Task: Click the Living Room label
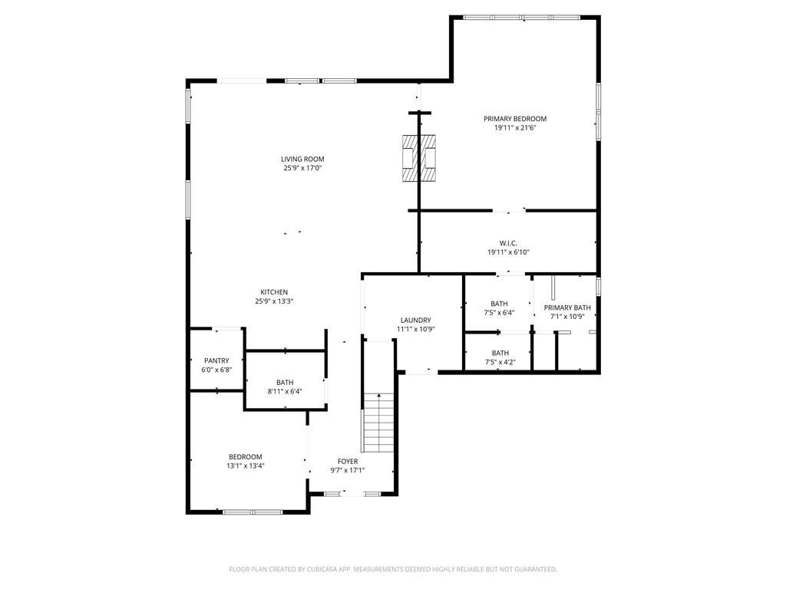coord(302,160)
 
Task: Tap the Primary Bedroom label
coord(514,119)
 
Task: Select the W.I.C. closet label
coord(507,243)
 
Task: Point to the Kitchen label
coord(274,292)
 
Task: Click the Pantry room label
coord(216,361)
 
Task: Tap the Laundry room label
coord(415,321)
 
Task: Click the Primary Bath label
coord(568,308)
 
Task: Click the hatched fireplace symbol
coord(419,158)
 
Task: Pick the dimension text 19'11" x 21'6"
coord(514,128)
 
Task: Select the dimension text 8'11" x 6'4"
coord(284,391)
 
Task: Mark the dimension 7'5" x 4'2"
coord(500,362)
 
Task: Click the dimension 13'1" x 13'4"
coord(245,466)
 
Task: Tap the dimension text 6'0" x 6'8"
coord(216,370)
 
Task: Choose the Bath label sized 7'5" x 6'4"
coord(500,304)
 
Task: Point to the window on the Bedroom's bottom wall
coord(253,512)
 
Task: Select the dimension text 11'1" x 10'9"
coord(415,330)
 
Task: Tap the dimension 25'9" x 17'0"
coord(302,168)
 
